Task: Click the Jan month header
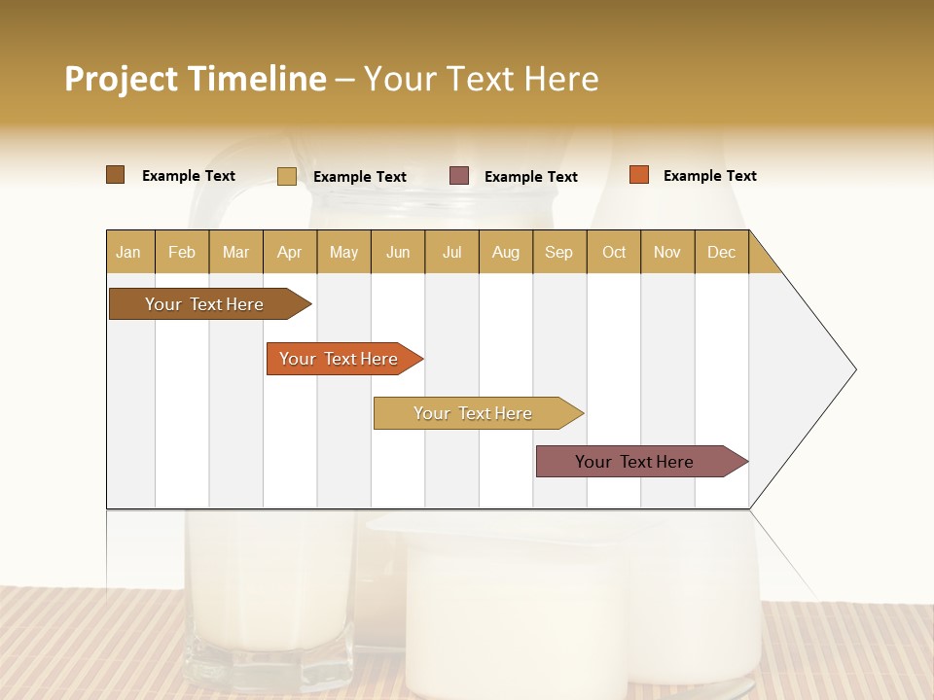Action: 128,252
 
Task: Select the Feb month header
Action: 182,252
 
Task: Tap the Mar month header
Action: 235,252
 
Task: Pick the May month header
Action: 343,252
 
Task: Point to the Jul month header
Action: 451,252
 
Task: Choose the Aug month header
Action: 506,252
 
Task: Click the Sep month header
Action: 558,252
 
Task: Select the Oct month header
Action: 614,252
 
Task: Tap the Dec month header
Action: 721,252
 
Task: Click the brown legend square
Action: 116,175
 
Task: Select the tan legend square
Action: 287,176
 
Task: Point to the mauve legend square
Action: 459,176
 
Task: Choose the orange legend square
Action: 638,175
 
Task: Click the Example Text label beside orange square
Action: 709,176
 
